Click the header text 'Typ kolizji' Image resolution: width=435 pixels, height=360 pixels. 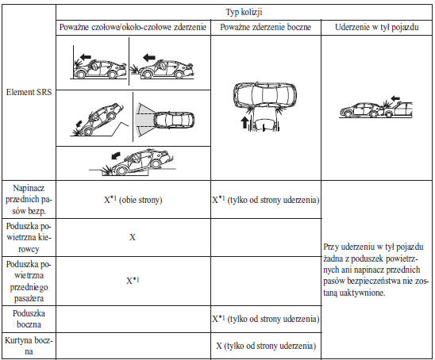(x=244, y=12)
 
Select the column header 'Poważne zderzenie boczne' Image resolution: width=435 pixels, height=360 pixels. (x=265, y=27)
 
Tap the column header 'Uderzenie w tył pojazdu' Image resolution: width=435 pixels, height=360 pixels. (x=377, y=27)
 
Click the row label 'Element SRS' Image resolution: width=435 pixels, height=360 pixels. (x=29, y=92)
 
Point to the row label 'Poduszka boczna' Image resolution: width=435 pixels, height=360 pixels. (x=29, y=319)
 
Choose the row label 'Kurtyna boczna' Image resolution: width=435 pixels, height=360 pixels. (x=29, y=346)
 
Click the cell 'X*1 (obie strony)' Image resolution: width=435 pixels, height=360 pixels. (x=133, y=200)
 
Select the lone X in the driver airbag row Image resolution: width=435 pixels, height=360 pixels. (x=133, y=237)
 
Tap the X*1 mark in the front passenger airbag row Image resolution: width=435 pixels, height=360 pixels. (x=133, y=281)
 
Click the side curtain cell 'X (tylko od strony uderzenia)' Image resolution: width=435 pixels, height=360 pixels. (x=266, y=346)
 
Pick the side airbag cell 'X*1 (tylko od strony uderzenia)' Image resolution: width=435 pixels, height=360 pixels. (x=266, y=319)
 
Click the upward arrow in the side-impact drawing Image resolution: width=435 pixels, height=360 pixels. (x=244, y=122)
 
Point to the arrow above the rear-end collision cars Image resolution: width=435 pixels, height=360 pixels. (x=395, y=98)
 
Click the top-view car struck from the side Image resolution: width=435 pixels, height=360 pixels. (x=264, y=94)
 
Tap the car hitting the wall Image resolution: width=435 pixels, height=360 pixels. (x=100, y=69)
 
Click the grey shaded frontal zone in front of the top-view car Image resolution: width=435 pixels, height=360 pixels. (x=144, y=121)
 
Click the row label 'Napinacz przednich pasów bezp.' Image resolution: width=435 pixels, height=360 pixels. (x=29, y=200)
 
